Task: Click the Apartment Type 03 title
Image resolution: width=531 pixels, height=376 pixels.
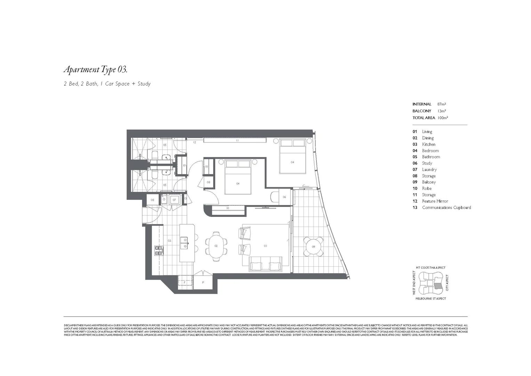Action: coord(95,70)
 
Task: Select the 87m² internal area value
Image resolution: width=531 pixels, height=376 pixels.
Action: coord(441,104)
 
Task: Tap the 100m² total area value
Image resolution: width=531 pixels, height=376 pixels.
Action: coord(442,118)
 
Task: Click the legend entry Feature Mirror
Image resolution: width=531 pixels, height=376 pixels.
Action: coord(435,201)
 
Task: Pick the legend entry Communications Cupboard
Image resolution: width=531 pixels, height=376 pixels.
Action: coord(446,207)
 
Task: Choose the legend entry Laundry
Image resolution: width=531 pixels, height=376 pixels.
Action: coord(429,170)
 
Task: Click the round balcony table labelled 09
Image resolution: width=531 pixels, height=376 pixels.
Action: coord(313,246)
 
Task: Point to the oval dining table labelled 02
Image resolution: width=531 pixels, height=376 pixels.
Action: coord(216,246)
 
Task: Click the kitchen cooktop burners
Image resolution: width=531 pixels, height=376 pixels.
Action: coord(159,251)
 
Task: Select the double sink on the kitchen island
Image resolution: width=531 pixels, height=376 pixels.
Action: coord(184,243)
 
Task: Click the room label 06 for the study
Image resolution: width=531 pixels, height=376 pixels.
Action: coord(284,197)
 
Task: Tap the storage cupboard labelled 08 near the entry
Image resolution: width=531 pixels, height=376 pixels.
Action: coord(152,200)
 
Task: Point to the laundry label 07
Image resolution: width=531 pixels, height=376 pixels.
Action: coord(174,200)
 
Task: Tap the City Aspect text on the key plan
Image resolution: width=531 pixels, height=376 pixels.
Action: coord(447,283)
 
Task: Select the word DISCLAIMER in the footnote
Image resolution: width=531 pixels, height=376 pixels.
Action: coord(70,325)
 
